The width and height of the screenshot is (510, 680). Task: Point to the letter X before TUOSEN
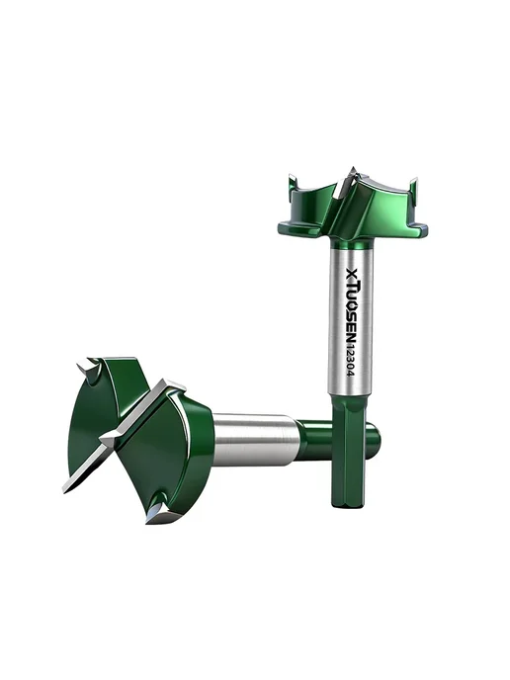click(351, 271)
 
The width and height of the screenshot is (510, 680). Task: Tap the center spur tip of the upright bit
click(353, 170)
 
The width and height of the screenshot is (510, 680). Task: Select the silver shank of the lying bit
click(256, 440)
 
